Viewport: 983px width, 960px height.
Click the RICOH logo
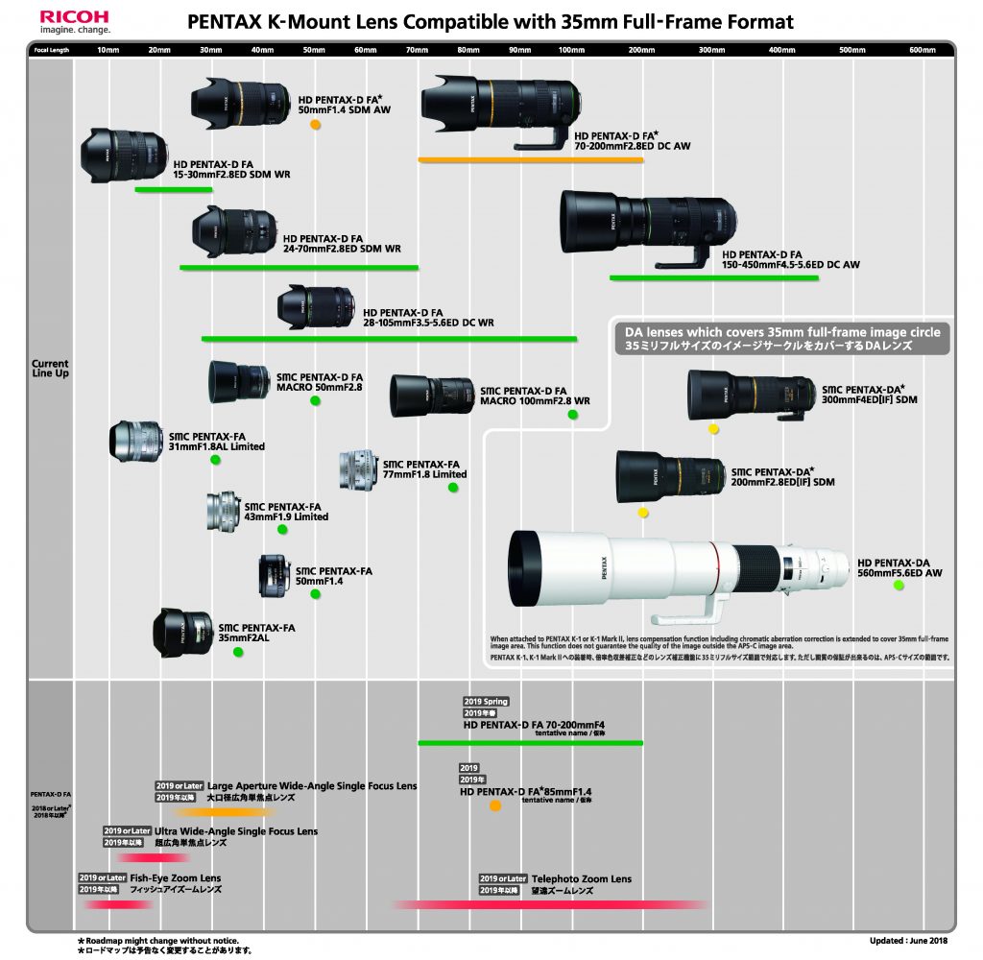pos(75,16)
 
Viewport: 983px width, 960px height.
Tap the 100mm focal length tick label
pos(571,49)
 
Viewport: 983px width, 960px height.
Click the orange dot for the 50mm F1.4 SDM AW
pos(315,124)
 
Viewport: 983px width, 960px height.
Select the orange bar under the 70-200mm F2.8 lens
pos(530,159)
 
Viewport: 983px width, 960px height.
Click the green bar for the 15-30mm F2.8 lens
pos(173,189)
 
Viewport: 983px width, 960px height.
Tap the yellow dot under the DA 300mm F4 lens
pos(713,428)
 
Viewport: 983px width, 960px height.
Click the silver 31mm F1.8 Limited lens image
pos(136,441)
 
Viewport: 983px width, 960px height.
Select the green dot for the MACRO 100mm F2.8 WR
pos(572,415)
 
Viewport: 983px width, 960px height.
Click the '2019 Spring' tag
pos(486,702)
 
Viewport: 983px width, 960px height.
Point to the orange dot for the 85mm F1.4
pos(495,805)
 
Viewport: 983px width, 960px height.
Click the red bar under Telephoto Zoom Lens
pos(552,904)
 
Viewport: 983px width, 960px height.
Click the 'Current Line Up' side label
pos(50,369)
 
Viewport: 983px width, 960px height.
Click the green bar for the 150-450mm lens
pos(714,278)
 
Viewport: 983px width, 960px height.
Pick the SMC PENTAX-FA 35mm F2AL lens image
pos(182,633)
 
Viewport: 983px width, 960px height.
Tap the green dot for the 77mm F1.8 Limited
pos(453,488)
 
